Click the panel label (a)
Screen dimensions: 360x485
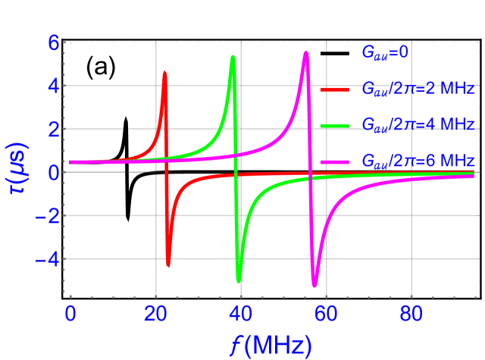pyautogui.click(x=100, y=67)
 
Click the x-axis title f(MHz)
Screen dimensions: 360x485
pyautogui.click(x=271, y=345)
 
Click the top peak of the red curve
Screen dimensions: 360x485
pyautogui.click(x=164, y=72)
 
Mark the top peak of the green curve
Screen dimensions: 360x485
pyautogui.click(x=233, y=57)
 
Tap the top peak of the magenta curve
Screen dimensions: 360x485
pyautogui.click(x=306, y=53)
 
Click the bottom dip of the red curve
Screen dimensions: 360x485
pyautogui.click(x=168, y=265)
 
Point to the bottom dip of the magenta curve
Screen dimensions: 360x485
pyautogui.click(x=314, y=285)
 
